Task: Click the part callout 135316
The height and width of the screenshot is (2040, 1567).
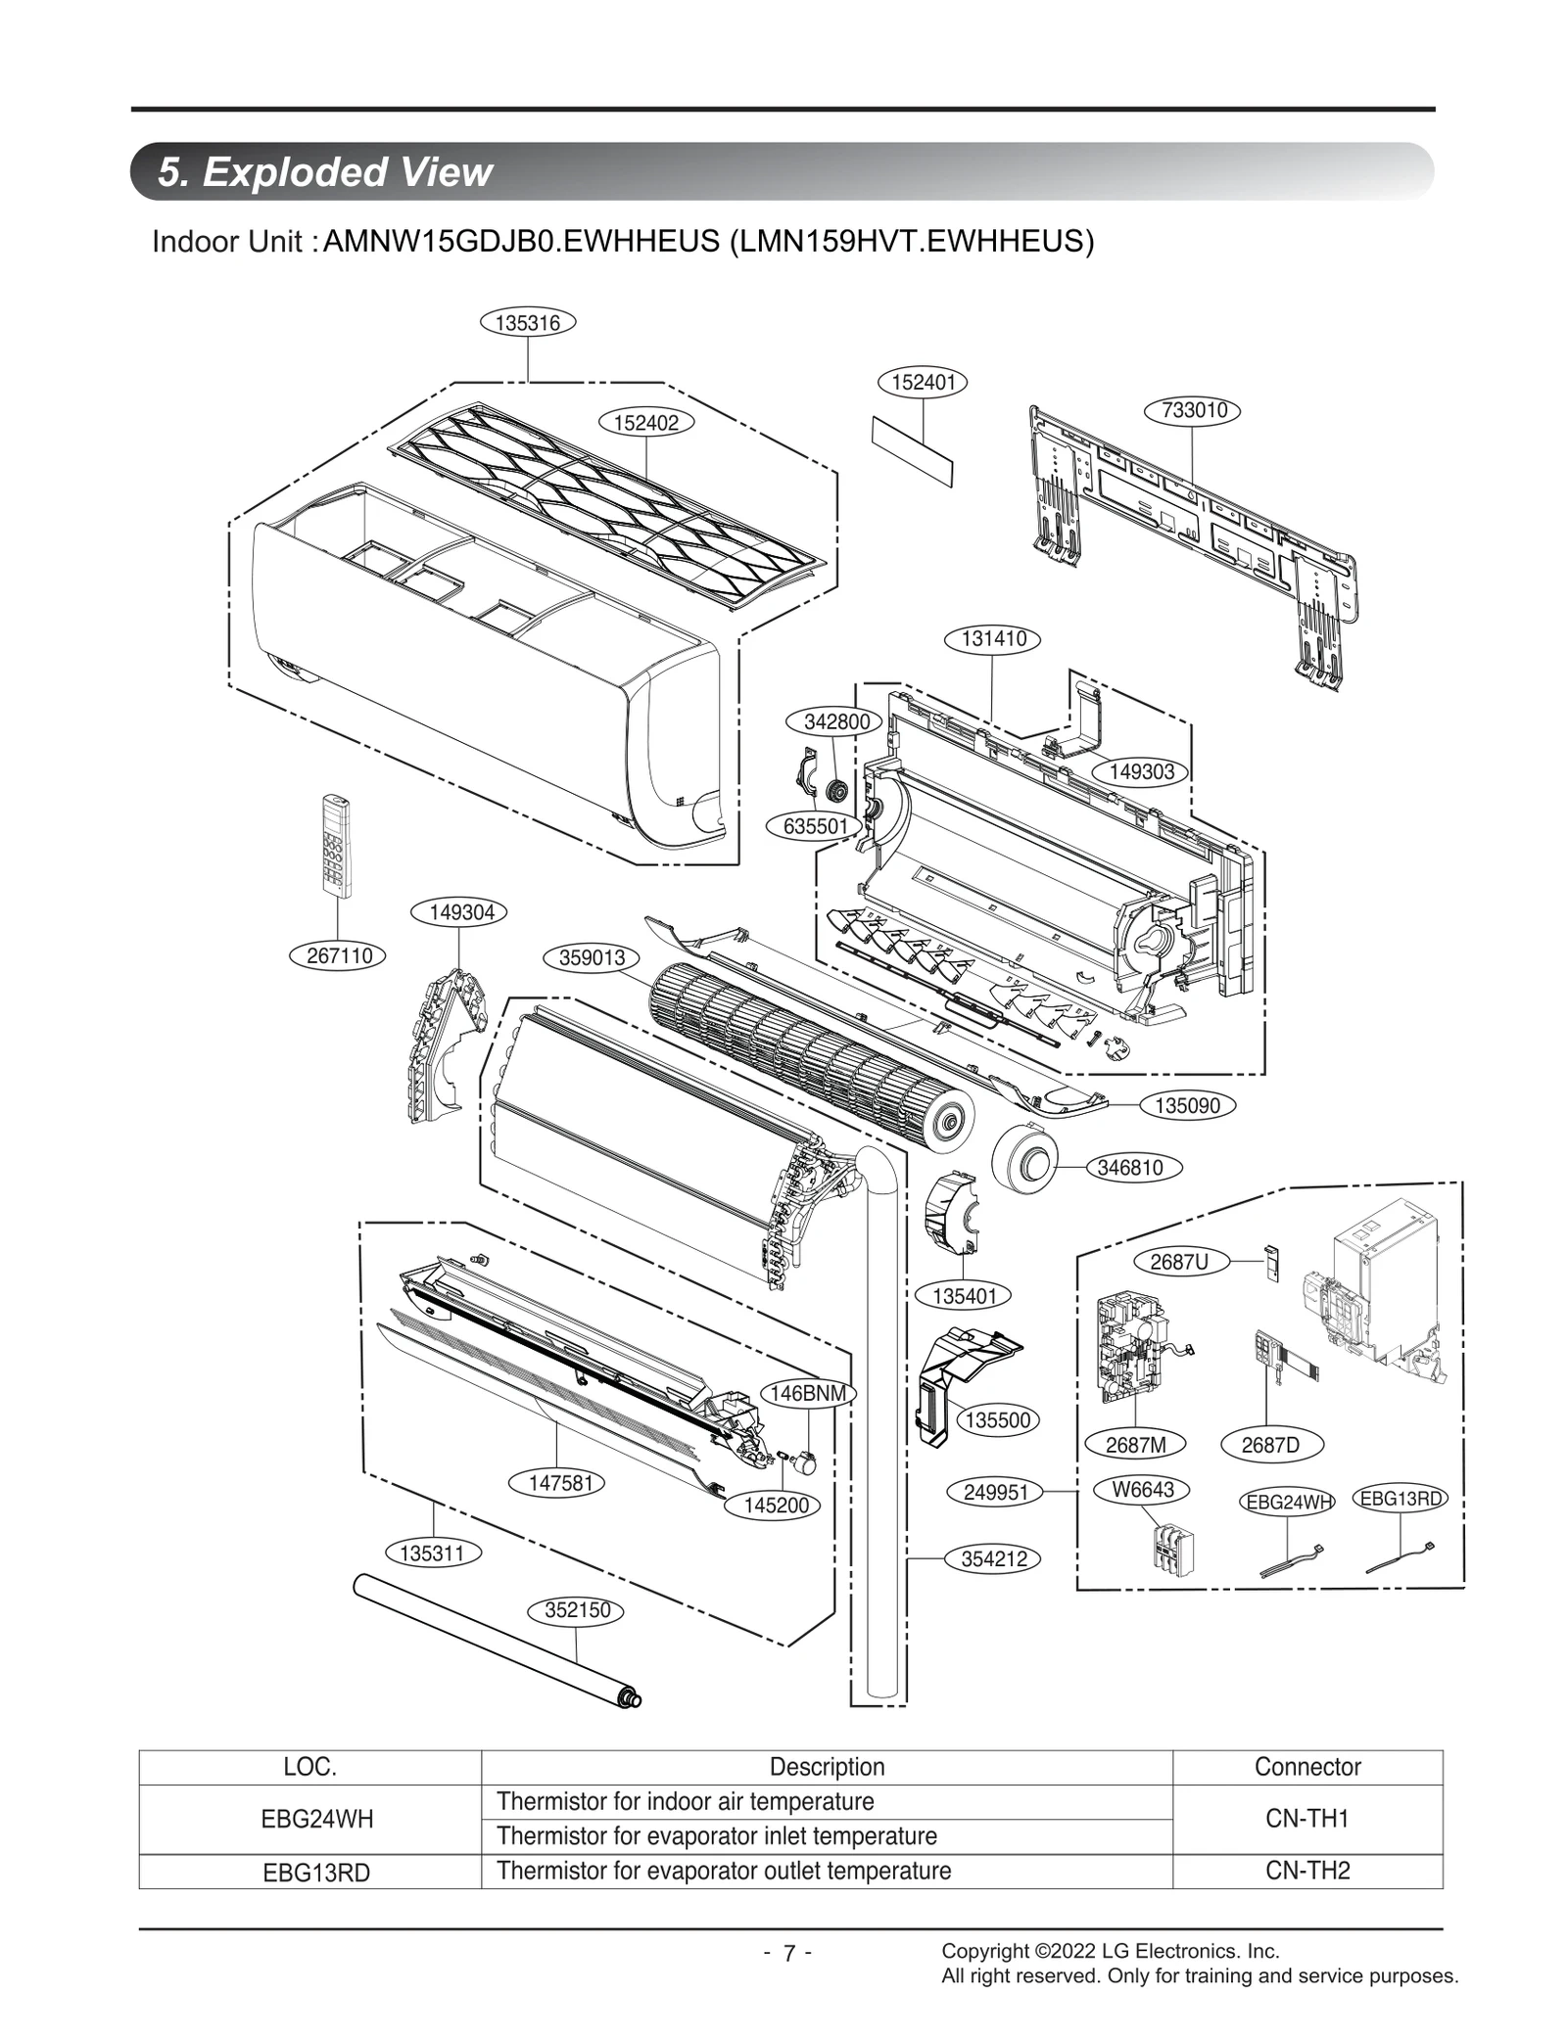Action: tap(528, 323)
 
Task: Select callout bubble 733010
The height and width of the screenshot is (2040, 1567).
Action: tap(1193, 411)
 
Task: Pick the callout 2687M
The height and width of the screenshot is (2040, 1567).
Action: tap(1136, 1445)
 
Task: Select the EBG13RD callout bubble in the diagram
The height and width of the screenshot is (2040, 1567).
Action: tap(1401, 1499)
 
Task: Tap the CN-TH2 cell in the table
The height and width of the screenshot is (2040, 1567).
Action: tap(1306, 1871)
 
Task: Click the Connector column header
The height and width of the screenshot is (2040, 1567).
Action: tap(1306, 1767)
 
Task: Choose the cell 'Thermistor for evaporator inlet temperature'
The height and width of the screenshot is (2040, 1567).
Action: tap(717, 1835)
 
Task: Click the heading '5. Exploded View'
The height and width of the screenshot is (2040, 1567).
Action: tap(326, 172)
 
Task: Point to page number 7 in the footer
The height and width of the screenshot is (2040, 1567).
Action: tap(787, 1954)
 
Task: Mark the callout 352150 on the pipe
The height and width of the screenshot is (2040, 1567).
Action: tap(577, 1610)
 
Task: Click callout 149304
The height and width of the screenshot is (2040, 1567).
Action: tap(461, 913)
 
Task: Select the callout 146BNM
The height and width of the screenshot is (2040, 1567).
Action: tap(809, 1394)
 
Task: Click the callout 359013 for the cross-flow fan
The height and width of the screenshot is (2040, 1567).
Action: tap(592, 957)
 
